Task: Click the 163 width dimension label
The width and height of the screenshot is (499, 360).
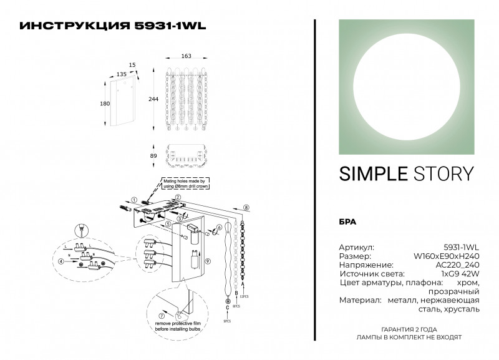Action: click(x=187, y=56)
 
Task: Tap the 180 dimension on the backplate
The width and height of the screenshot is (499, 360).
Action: click(x=105, y=104)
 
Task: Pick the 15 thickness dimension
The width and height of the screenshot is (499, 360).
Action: click(x=132, y=64)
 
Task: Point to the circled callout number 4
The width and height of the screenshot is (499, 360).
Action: click(x=62, y=262)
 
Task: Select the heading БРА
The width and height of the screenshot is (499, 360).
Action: click(x=347, y=221)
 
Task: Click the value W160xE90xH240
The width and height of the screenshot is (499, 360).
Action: click(x=447, y=256)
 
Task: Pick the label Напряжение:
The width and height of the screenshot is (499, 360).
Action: click(x=366, y=265)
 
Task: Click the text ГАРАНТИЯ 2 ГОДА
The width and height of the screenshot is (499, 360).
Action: click(x=409, y=329)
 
